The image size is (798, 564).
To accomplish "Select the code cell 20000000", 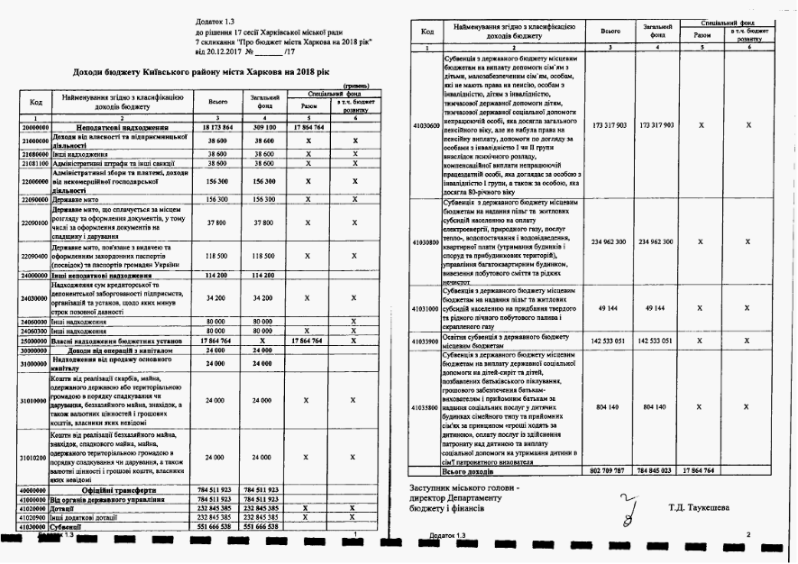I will [x=33, y=129].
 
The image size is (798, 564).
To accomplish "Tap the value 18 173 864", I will [x=217, y=129].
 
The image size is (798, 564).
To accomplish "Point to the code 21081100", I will [x=33, y=164].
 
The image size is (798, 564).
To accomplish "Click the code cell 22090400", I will [x=33, y=255].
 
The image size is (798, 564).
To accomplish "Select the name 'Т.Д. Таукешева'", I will [x=700, y=507].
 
